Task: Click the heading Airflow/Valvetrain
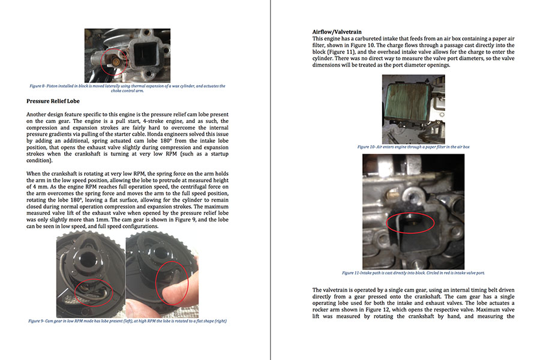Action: pyautogui.click(x=337, y=31)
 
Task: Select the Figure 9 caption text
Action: pyautogui.click(x=127, y=321)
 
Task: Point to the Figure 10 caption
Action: pyautogui.click(x=413, y=146)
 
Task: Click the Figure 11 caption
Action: pyautogui.click(x=413, y=272)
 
